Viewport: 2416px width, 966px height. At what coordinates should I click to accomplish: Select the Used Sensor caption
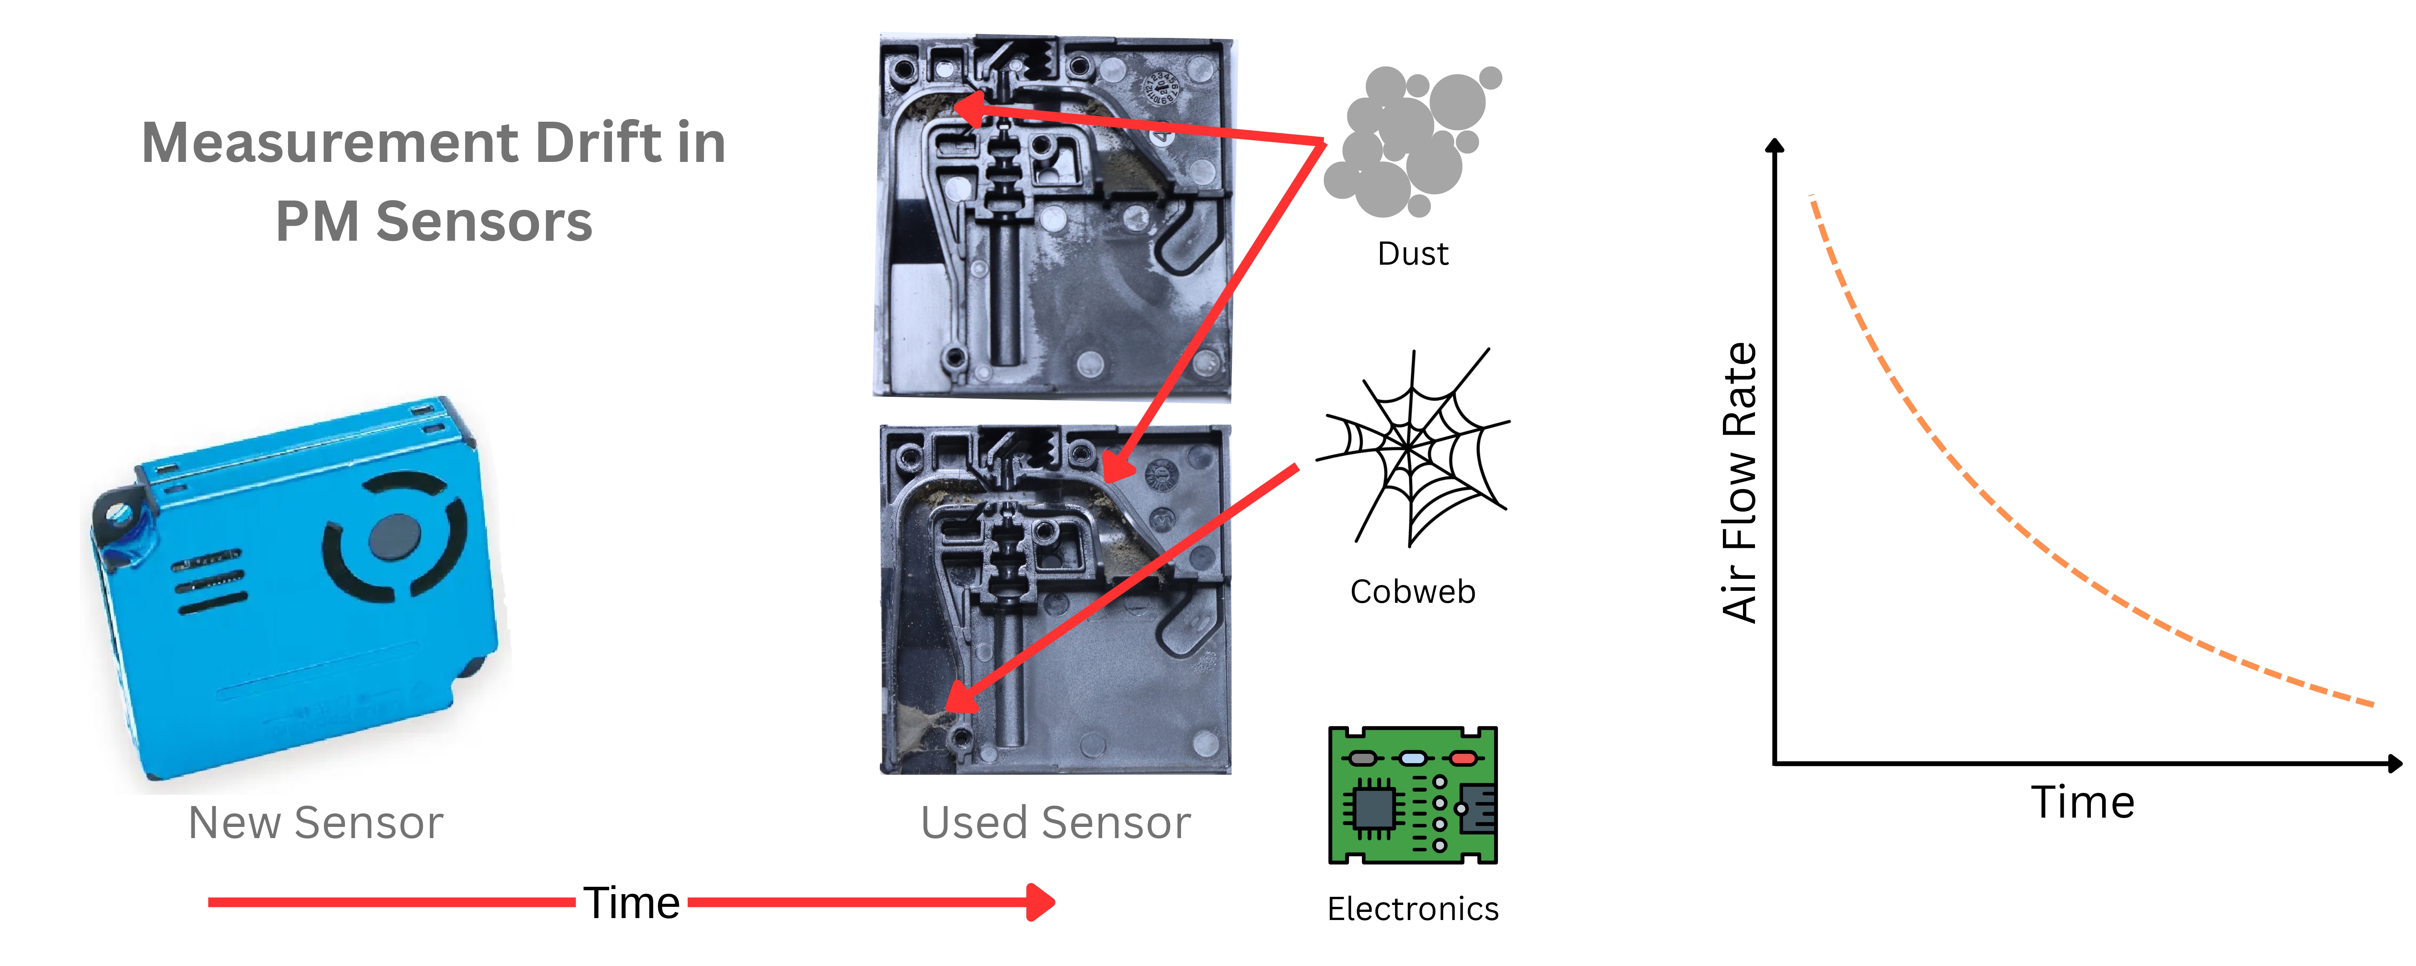click(x=1055, y=823)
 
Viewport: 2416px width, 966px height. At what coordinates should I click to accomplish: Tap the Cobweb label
click(x=1412, y=592)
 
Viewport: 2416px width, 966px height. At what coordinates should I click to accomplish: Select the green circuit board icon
click(x=1412, y=795)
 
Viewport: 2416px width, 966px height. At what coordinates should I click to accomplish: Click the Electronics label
click(x=1412, y=909)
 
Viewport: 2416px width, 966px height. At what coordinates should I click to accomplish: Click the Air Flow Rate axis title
click(x=1740, y=483)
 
